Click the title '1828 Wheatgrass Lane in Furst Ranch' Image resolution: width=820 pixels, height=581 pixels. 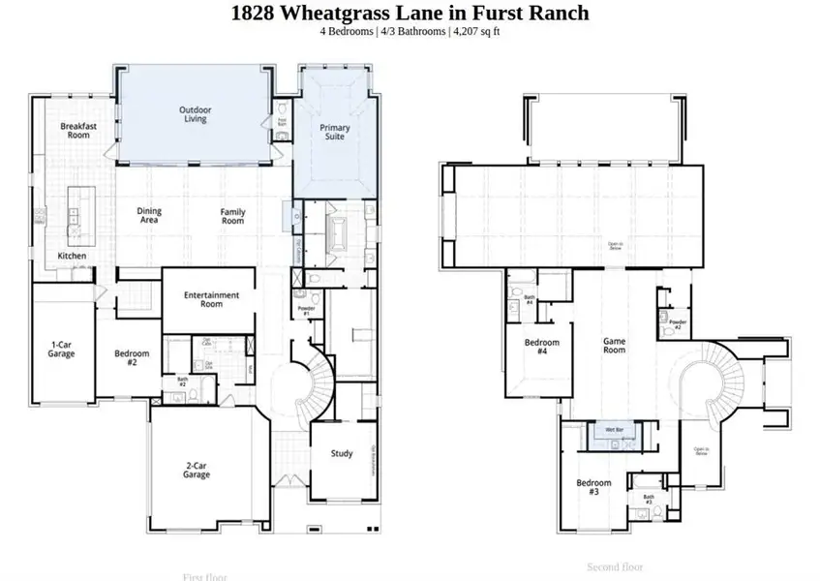coord(410,14)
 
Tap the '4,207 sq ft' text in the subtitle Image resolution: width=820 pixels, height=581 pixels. coord(475,31)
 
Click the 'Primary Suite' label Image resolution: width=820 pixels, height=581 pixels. coord(335,132)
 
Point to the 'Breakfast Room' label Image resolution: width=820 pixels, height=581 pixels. coord(75,130)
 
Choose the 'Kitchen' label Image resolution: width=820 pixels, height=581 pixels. coord(72,256)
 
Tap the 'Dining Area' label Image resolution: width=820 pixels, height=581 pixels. coord(149,216)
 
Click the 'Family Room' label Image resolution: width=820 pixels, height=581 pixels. coord(232,216)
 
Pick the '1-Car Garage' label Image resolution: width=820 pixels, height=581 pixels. coord(62,348)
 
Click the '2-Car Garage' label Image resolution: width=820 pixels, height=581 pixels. coord(197,471)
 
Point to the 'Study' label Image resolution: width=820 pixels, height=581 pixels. coord(342,453)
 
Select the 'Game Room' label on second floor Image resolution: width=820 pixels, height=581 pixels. coord(615,345)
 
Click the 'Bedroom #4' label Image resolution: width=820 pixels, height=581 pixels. coord(542,347)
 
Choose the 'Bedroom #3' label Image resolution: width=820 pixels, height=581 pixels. coord(593,487)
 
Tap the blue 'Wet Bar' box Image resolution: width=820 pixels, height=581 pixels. coord(614,429)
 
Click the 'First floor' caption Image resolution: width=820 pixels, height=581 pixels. coord(205,576)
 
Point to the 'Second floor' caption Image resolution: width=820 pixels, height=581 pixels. coord(615,566)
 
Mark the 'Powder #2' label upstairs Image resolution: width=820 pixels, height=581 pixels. coord(678,324)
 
